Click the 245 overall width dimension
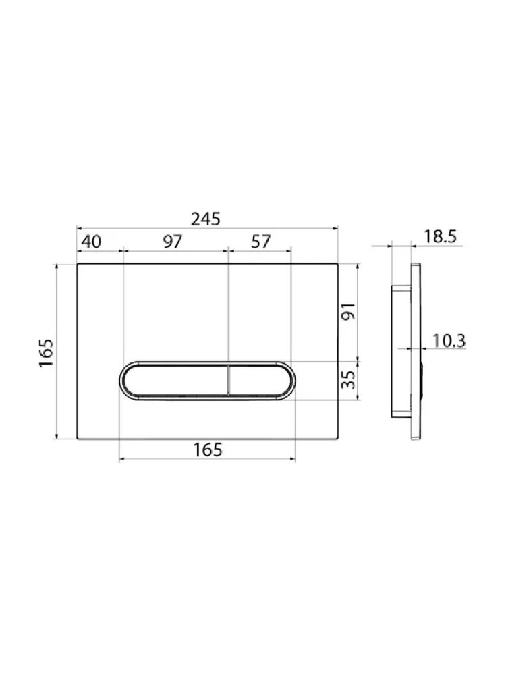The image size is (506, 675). coord(206,219)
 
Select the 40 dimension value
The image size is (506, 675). coord(91,242)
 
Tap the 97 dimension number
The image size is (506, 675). coord(173,242)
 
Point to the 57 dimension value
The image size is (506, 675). coord(260,242)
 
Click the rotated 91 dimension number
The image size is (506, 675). coord(349,311)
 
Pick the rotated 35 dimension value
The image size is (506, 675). coord(349,379)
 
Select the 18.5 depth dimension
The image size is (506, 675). coord(440,237)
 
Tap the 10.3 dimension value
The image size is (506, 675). coord(449,341)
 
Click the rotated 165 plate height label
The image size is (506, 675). coord(46,353)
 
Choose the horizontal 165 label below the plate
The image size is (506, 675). coord(208,450)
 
